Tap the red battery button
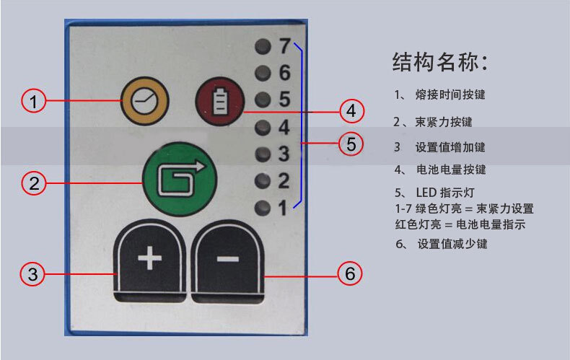pos(219,103)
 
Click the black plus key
pos(150,260)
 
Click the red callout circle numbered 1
pos(33,101)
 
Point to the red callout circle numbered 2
pos(33,183)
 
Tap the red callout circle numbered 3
pos(33,274)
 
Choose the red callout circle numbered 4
pos(351,111)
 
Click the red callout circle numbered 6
pos(350,274)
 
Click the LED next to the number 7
pos(262,48)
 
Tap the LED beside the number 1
pos(262,208)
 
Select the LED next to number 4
pos(262,128)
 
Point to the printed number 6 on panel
pos(284,73)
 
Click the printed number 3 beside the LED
pos(284,154)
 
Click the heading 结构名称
pos(439,62)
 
